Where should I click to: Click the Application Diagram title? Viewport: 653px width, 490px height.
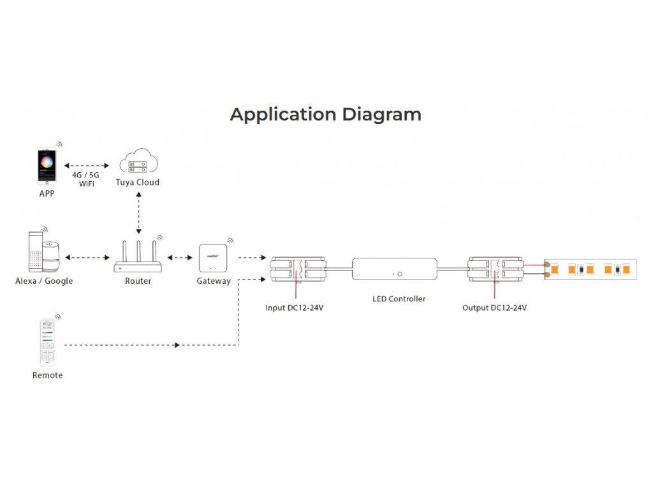pos(326,115)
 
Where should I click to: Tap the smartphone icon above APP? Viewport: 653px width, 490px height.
pos(47,165)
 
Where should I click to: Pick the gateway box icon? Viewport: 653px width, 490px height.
pos(213,258)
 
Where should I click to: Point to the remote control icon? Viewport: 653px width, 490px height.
pos(47,342)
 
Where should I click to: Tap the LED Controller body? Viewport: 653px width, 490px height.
pos(394,269)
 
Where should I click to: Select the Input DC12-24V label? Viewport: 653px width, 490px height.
pos(295,308)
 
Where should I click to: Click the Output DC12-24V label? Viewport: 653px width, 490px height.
pos(494,308)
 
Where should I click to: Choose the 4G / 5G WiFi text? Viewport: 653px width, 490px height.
pos(86,179)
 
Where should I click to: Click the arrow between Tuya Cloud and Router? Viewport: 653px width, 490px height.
pos(138,213)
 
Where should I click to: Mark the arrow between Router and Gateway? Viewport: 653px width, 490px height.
pos(180,258)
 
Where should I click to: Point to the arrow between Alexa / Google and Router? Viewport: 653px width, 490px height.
pos(87,258)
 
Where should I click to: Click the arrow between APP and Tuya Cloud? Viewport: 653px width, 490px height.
pos(87,165)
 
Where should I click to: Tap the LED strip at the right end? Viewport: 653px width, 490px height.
pos(591,269)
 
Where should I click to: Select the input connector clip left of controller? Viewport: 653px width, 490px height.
pos(298,269)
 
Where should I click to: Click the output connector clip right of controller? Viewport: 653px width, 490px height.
pos(495,269)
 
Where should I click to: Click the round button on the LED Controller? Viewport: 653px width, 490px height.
pos(400,274)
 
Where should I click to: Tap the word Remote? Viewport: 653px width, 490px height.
pos(47,375)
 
